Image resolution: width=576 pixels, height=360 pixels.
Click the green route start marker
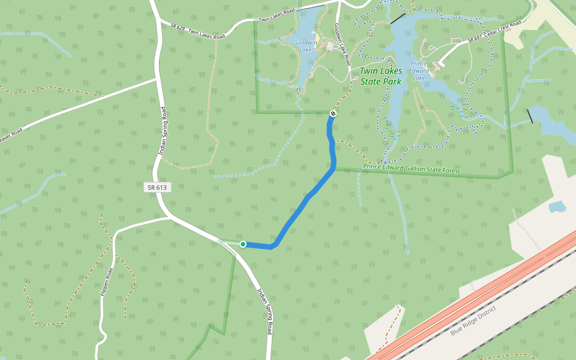pyautogui.click(x=243, y=244)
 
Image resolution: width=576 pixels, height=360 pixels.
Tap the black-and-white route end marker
pyautogui.click(x=333, y=113)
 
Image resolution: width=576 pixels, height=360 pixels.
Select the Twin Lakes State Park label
pyautogui.click(x=380, y=76)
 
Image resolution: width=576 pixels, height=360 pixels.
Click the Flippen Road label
pyautogui.click(x=107, y=281)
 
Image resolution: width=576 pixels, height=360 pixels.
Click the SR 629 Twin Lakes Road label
pyautogui.click(x=197, y=32)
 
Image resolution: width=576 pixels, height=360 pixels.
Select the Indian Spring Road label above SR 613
pyautogui.click(x=161, y=131)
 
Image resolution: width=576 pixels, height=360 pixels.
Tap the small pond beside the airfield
pyautogui.click(x=557, y=207)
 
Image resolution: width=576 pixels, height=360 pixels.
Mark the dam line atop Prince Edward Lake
pyautogui.click(x=398, y=19)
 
